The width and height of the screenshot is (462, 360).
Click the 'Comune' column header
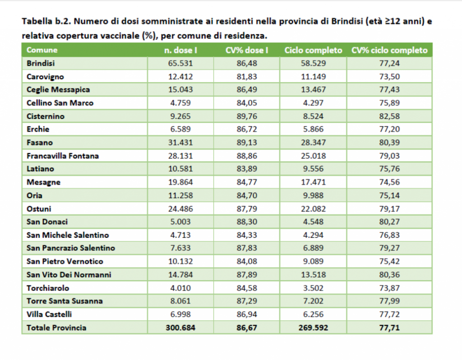[x=42, y=50]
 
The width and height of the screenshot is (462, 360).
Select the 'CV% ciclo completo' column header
[x=389, y=50]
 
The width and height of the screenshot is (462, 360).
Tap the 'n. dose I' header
[x=180, y=50]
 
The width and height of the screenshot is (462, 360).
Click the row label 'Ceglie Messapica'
[x=58, y=90]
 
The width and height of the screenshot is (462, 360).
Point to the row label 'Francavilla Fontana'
[x=62, y=156]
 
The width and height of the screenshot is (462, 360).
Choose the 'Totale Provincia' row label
[x=56, y=328]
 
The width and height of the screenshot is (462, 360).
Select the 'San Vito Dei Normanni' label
[x=69, y=275]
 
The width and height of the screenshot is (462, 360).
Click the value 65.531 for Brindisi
[x=180, y=63]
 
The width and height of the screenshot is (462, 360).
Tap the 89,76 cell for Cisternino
[x=247, y=116]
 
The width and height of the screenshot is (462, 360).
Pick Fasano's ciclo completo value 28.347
[x=313, y=143]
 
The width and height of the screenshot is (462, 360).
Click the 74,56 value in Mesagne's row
[x=389, y=182]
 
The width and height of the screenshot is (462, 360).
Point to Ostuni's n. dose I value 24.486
[x=180, y=209]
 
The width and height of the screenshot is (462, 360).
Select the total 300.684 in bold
[x=180, y=328]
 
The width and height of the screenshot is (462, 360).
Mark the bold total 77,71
[x=389, y=328]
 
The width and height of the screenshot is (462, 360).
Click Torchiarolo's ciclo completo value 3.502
[x=313, y=288]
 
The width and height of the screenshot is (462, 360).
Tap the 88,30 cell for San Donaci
[x=247, y=222]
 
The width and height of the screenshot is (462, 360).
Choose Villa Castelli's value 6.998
[x=180, y=314]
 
